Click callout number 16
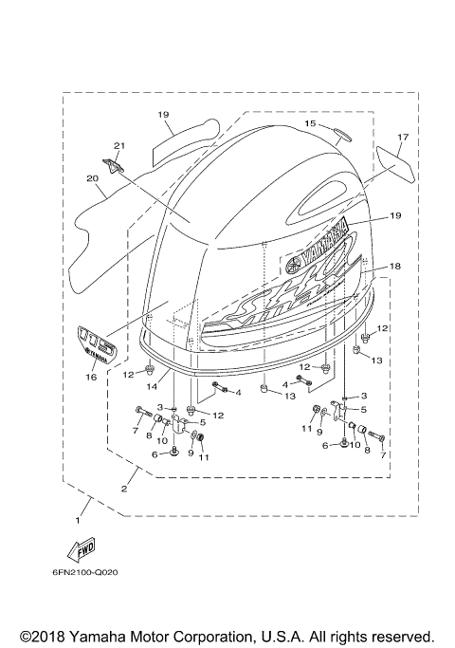(91, 377)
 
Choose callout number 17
(402, 137)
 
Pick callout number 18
(395, 268)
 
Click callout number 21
(118, 145)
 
